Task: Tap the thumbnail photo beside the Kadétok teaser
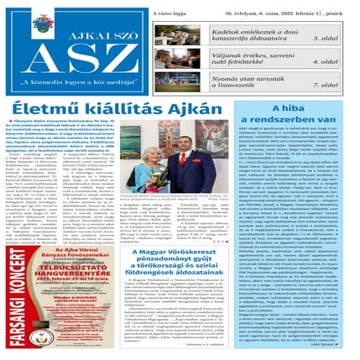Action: click(x=181, y=33)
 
